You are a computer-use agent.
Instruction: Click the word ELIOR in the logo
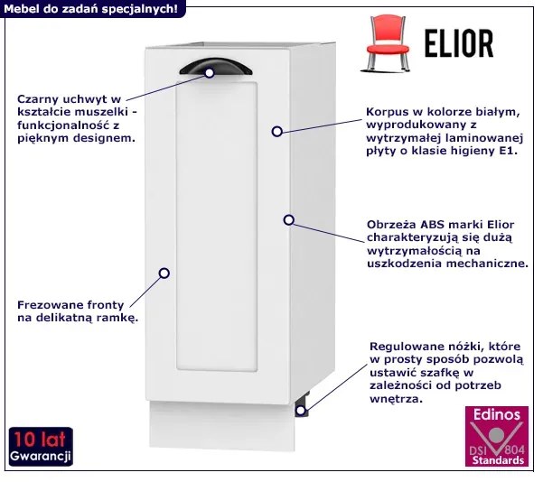pyautogui.click(x=459, y=42)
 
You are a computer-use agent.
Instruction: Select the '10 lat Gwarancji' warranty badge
pyautogui.click(x=40, y=448)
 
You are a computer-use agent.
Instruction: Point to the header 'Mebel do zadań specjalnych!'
pyautogui.click(x=92, y=7)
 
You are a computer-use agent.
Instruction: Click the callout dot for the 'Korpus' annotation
pyautogui.click(x=277, y=131)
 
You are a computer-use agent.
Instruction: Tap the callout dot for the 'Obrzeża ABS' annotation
pyautogui.click(x=288, y=219)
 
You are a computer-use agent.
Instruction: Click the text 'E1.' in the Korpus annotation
pyautogui.click(x=504, y=152)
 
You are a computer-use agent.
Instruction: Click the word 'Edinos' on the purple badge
pyautogui.click(x=496, y=414)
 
